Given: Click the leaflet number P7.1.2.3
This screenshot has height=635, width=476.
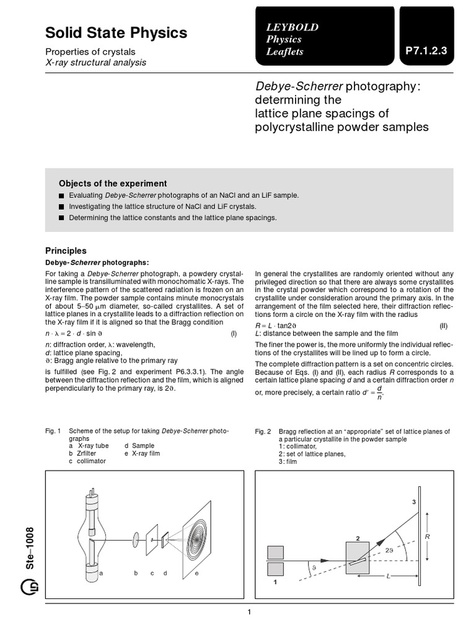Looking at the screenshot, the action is [x=426, y=51].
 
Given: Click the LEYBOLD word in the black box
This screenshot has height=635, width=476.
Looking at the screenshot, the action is [x=293, y=27].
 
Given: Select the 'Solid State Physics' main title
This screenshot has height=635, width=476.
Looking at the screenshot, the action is [x=116, y=32].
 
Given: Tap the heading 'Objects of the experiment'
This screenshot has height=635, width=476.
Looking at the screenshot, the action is [x=113, y=184].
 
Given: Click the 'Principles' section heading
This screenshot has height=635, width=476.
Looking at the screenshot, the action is [x=66, y=251].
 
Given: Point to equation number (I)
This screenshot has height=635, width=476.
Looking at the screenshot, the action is [x=234, y=334].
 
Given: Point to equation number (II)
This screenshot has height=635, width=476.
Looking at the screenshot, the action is [x=444, y=326].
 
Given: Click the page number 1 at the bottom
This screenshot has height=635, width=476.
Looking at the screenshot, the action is [x=249, y=612].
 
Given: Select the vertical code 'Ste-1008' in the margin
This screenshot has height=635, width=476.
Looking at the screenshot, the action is [x=30, y=548].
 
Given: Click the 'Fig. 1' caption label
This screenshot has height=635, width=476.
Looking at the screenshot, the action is [x=53, y=431].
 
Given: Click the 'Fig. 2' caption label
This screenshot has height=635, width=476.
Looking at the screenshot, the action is [x=263, y=432].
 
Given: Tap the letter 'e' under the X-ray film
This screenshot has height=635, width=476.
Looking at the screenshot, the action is [x=196, y=574].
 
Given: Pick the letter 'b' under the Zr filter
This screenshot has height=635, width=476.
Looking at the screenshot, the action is [x=136, y=573].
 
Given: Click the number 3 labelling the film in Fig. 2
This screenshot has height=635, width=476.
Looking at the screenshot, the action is [x=413, y=502].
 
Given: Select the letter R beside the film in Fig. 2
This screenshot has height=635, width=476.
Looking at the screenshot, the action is [x=428, y=536].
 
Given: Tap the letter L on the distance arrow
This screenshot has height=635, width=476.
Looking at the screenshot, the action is [x=388, y=575].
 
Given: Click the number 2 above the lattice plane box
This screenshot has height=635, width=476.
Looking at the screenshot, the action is [x=358, y=539].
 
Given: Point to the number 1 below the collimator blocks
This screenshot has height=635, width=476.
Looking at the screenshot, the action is [x=275, y=582].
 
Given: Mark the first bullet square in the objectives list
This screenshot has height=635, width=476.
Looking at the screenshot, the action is [x=61, y=195].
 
